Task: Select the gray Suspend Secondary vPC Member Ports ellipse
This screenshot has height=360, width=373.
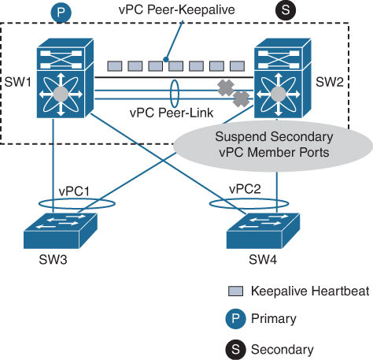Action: pos(268,146)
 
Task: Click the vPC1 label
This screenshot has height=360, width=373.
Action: pos(75,191)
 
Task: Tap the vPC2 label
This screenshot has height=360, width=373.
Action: pos(245,190)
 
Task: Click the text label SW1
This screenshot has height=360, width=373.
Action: pos(16,82)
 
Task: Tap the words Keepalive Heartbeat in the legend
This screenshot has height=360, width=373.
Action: pos(309,291)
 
